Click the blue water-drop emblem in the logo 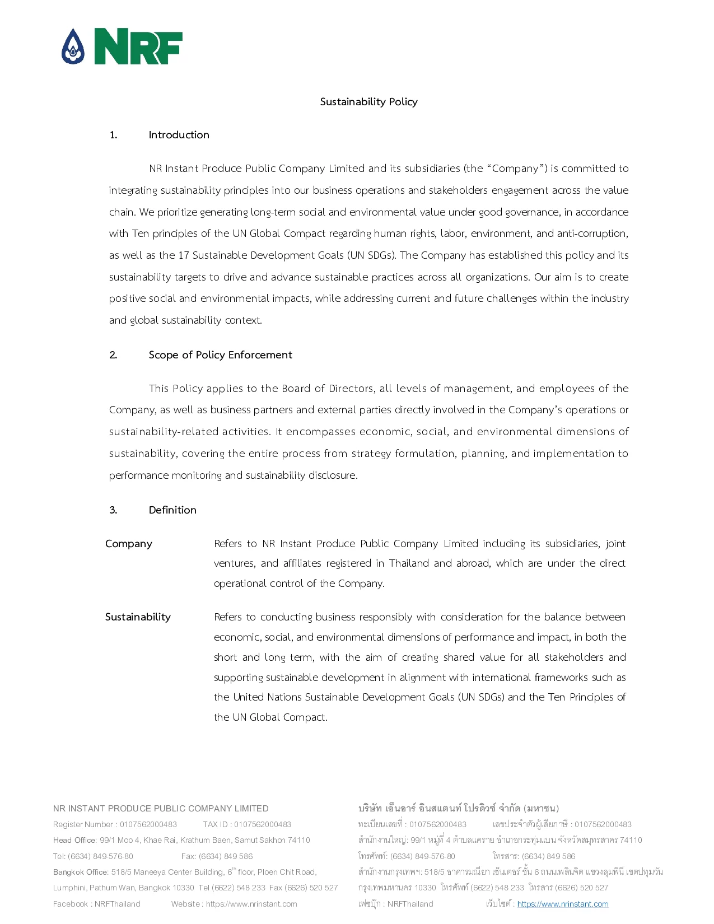coord(73,46)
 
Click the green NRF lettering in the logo coord(138,46)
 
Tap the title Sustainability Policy coord(368,102)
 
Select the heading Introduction coord(179,135)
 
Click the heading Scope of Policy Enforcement coord(220,355)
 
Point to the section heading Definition coord(172,510)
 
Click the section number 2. coord(113,355)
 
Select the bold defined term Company coord(129,544)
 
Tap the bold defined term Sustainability coord(138,617)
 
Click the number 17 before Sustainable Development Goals coord(184,255)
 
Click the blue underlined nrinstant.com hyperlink coord(563,904)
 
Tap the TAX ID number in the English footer coord(263,824)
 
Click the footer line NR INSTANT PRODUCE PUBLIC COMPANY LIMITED coord(161,809)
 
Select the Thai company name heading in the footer coord(458,809)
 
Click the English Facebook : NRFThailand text coord(97,904)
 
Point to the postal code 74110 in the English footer coord(298,840)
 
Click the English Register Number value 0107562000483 coord(148,824)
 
